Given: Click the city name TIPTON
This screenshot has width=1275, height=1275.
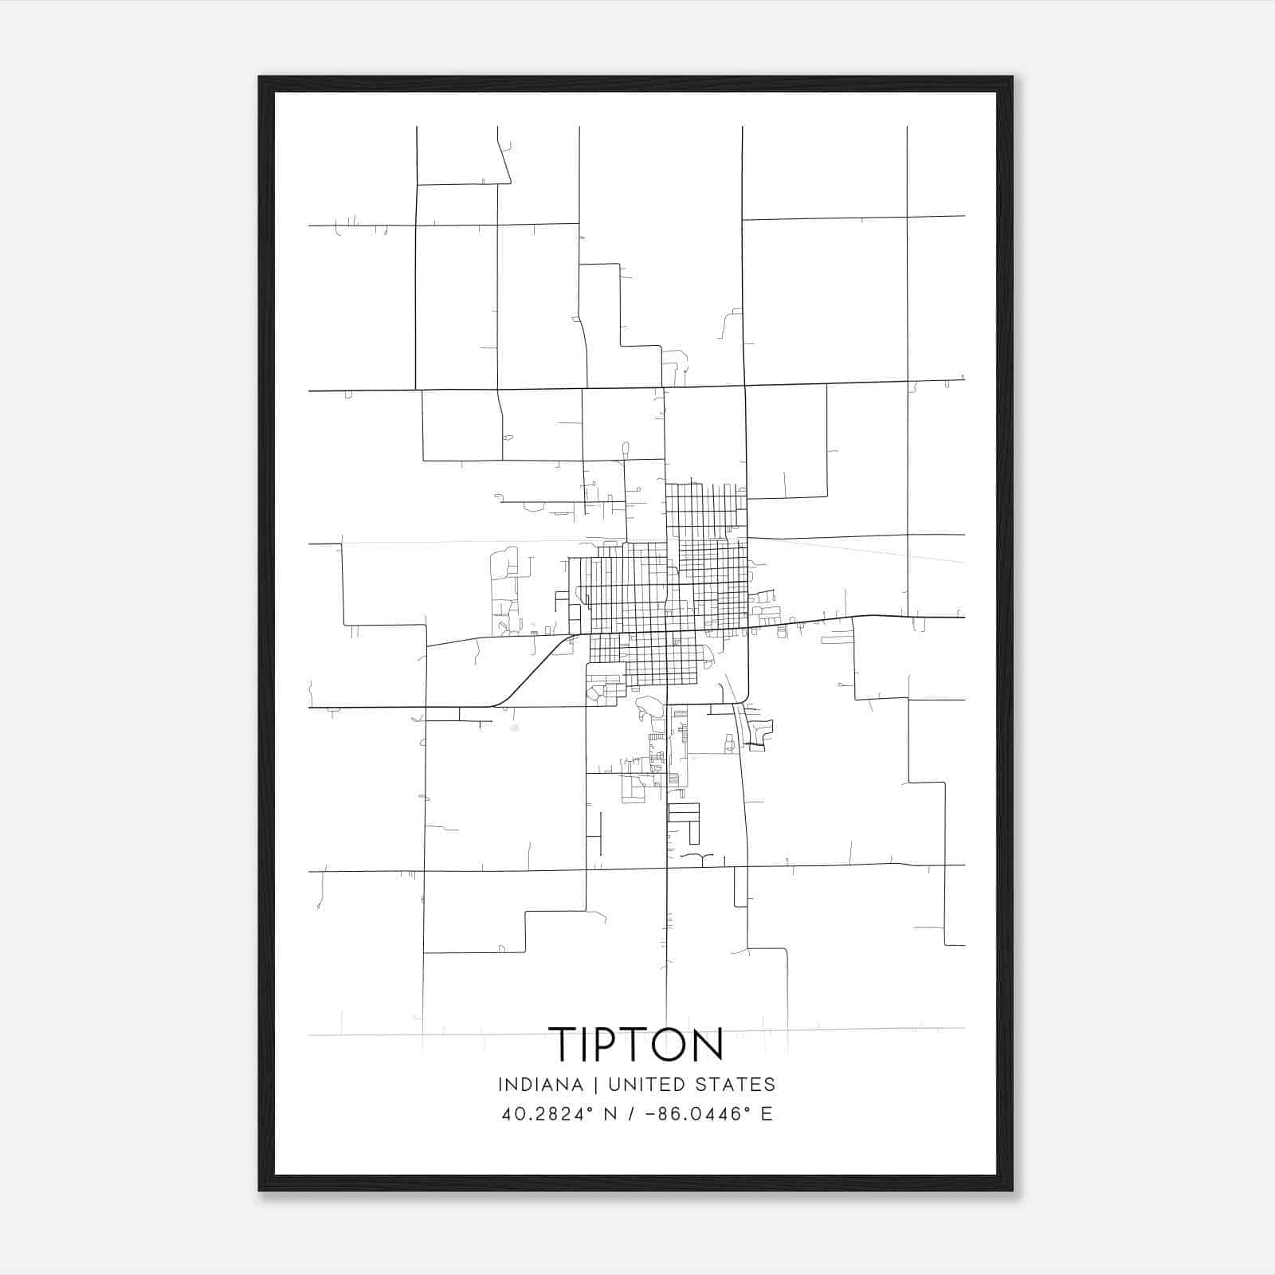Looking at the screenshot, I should (636, 1044).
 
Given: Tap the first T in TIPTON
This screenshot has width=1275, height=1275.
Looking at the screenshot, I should (565, 1044).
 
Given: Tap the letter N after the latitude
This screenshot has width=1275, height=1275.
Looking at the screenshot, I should (611, 1114).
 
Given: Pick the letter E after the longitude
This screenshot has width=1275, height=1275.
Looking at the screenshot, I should (767, 1114).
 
